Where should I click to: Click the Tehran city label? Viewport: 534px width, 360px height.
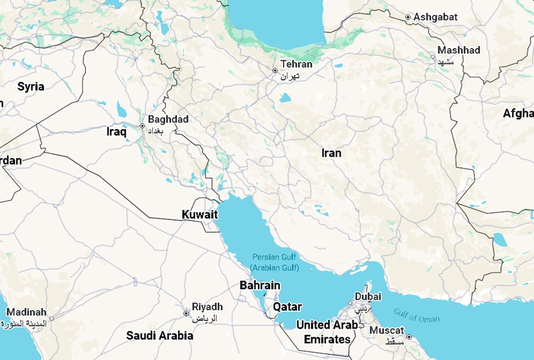coord(296,64)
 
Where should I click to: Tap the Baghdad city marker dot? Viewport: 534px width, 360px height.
coord(142,126)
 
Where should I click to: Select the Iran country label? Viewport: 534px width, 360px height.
coord(331,153)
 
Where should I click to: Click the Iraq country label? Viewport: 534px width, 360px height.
coord(116,131)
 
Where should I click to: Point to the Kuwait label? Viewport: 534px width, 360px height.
coord(200,214)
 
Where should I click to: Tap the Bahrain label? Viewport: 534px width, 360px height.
coord(260,286)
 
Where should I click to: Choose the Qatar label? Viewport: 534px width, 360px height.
coord(287,306)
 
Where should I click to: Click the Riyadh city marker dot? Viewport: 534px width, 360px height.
coord(186,313)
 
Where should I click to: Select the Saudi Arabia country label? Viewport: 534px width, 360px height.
coord(160,335)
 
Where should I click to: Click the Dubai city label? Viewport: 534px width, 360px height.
coord(368,296)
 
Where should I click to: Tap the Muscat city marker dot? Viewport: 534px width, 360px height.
coord(409,337)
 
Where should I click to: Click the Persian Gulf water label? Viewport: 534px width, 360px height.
coord(275,262)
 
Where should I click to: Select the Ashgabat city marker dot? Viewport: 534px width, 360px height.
coord(408,17)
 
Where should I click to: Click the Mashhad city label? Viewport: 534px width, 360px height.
coord(459,50)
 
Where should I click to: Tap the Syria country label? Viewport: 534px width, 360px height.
coord(31,87)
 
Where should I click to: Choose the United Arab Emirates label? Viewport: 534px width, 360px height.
coord(327,332)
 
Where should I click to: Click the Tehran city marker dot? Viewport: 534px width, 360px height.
coord(275,71)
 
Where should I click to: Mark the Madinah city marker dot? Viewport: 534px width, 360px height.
coord(52,318)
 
